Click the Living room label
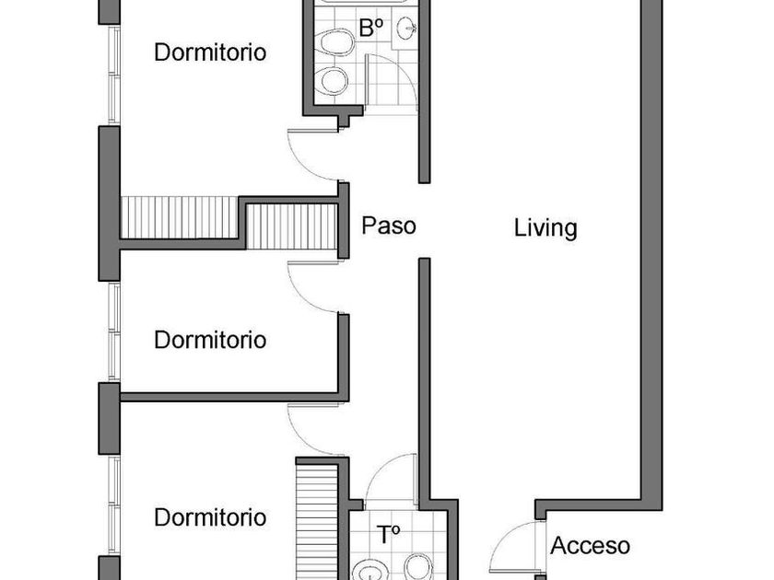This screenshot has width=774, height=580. click(545, 228)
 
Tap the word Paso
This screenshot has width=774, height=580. click(389, 226)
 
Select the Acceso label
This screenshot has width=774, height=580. click(591, 545)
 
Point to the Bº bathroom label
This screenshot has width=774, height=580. click(371, 29)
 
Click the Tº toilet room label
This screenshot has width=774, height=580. click(388, 535)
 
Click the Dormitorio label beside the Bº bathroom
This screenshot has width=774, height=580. click(210, 52)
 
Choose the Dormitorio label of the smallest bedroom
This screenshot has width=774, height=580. click(210, 340)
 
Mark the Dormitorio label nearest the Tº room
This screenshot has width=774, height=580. click(210, 517)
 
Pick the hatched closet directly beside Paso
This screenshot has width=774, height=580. click(292, 226)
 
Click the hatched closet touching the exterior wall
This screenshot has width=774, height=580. click(180, 218)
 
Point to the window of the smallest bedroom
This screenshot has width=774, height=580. click(114, 331)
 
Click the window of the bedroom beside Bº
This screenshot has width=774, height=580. click(114, 75)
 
